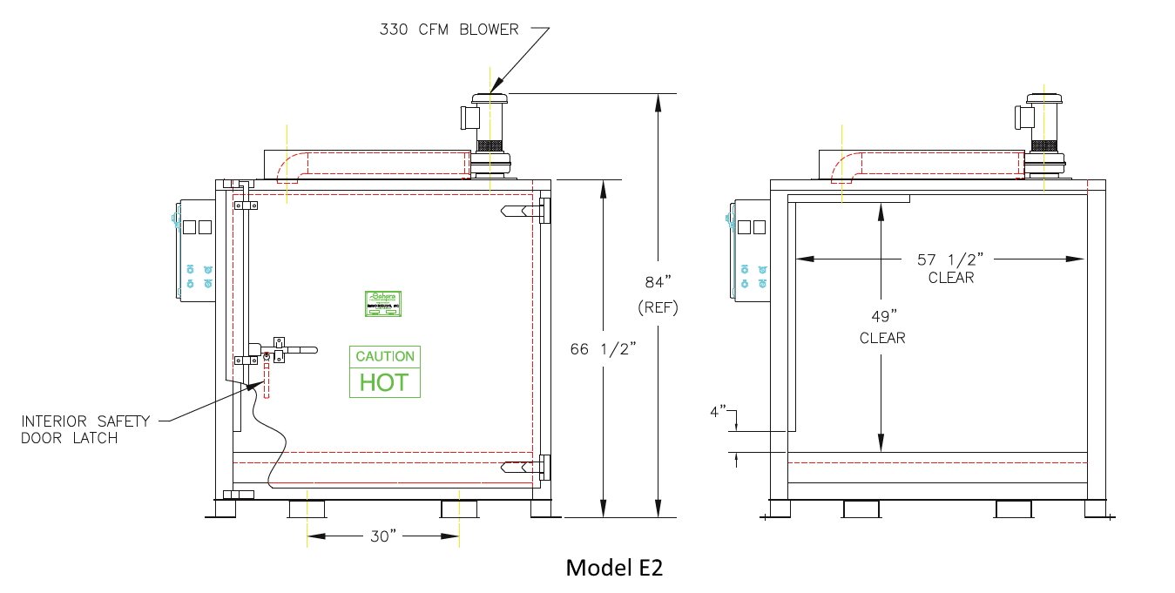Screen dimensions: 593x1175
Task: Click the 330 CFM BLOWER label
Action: point(449,30)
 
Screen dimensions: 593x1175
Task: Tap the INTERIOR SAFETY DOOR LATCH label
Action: point(85,429)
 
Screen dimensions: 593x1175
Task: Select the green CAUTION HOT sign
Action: point(384,372)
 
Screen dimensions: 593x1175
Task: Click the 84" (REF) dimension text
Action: point(658,294)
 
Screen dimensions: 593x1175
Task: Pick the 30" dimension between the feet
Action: point(382,536)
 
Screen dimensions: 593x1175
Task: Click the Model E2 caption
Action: point(615,568)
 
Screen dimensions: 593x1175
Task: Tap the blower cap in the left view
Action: point(490,99)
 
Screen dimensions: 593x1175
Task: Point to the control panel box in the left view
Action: point(194,252)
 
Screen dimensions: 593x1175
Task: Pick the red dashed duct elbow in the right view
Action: point(846,168)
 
